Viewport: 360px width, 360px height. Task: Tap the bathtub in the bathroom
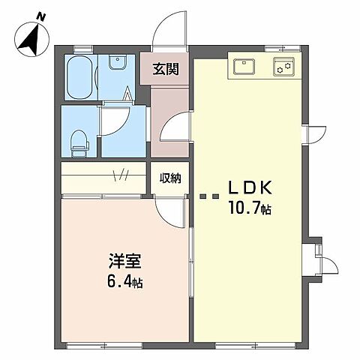(79, 78)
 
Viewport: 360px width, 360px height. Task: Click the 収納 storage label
(169, 178)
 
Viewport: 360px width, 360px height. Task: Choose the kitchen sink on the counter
(245, 67)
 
